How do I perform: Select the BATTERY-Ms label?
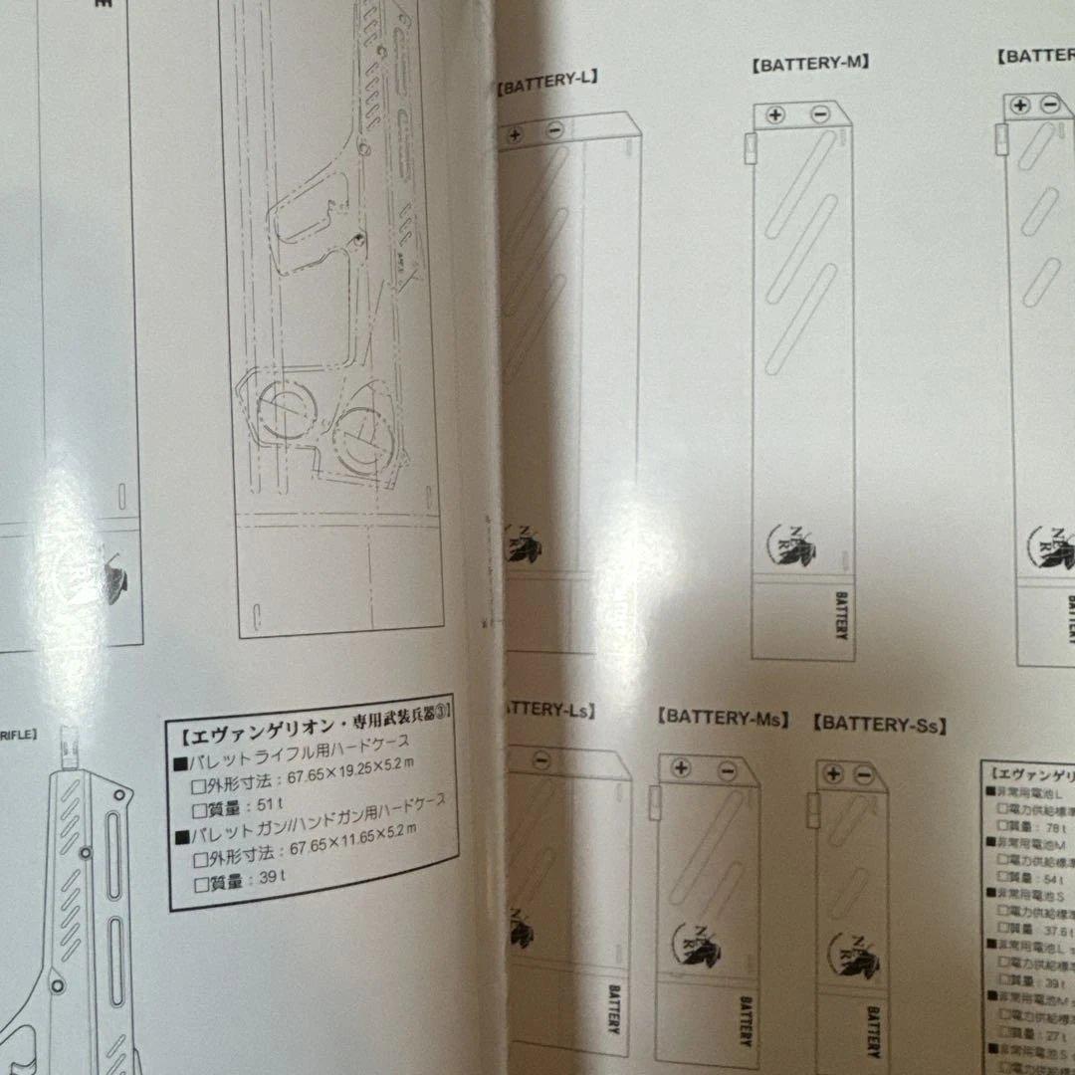(724, 717)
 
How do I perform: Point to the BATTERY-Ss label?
(879, 725)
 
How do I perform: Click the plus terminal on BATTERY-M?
(775, 114)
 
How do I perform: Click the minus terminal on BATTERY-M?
(819, 114)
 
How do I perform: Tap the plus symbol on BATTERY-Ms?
(681, 767)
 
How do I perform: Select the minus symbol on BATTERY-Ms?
(726, 768)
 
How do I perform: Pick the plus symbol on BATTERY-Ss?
(833, 774)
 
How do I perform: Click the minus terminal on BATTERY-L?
(555, 129)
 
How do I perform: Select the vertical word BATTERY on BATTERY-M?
(840, 615)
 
